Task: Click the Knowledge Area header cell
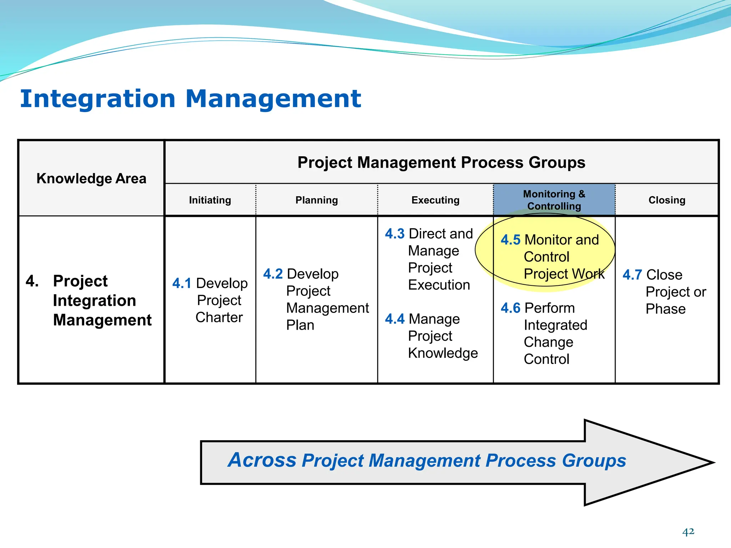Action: [91, 178]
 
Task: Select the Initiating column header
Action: [210, 200]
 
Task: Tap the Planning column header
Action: [317, 200]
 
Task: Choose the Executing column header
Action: [435, 200]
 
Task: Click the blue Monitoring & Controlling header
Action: [554, 200]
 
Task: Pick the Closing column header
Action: [667, 200]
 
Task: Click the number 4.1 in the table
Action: [182, 284]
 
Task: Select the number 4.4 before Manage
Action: [394, 319]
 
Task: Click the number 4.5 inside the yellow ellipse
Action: [510, 240]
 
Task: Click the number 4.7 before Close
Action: [632, 275]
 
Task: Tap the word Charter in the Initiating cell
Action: [219, 318]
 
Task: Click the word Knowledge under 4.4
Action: [443, 353]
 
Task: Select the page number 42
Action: [688, 532]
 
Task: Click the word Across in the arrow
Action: [262, 460]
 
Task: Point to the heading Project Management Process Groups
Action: [441, 163]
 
